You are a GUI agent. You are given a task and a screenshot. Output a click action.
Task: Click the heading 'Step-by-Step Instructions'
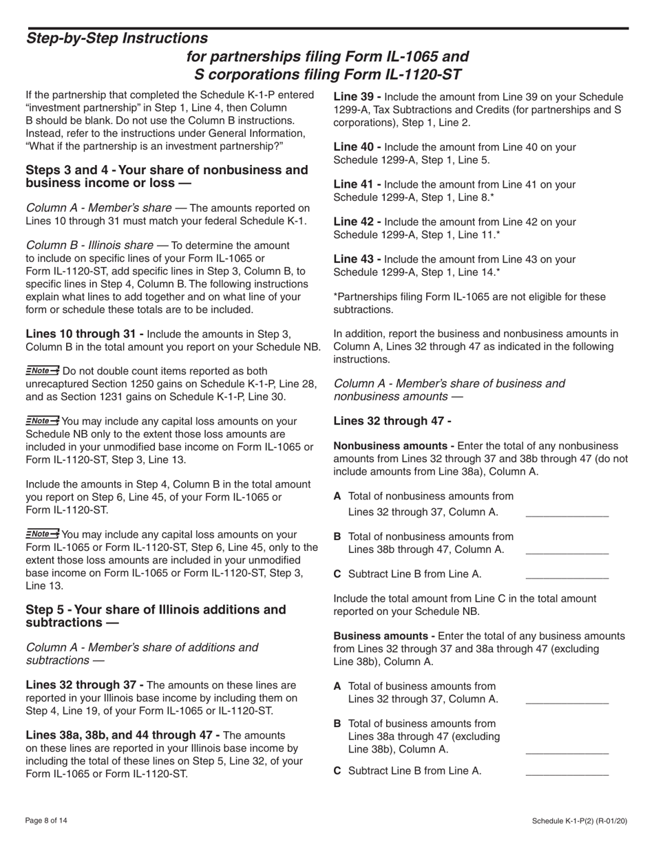tap(116, 39)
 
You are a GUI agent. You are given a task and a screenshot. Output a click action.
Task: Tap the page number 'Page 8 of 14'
tap(46, 821)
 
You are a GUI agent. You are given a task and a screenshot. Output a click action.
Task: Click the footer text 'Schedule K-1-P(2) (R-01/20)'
tap(580, 821)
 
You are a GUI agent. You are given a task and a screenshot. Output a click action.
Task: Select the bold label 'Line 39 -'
tap(357, 97)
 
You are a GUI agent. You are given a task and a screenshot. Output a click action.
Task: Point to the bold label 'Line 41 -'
tap(357, 184)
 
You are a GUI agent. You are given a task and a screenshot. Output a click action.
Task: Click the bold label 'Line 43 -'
tap(357, 259)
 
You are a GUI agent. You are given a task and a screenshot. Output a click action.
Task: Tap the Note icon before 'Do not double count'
tap(42, 371)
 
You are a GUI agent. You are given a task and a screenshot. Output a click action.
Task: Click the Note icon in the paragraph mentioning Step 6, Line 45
tap(42, 534)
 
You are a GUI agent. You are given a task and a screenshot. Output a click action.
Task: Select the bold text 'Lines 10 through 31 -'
tap(85, 334)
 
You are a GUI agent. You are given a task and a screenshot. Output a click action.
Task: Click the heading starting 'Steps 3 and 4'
tap(167, 176)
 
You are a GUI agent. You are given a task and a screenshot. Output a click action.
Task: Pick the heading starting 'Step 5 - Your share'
tap(156, 616)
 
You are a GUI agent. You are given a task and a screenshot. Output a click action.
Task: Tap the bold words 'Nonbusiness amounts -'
tap(394, 446)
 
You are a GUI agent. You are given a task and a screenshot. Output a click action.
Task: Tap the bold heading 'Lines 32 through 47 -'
tap(392, 421)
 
